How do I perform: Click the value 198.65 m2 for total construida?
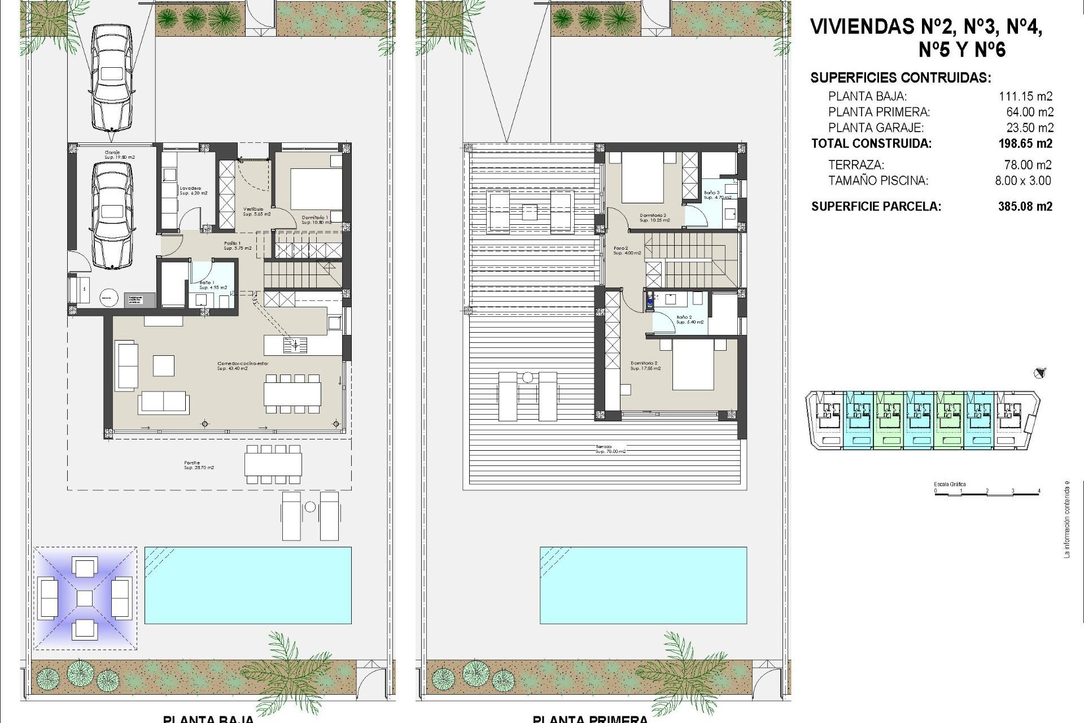(x=1025, y=144)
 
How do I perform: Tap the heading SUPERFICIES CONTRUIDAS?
(x=900, y=78)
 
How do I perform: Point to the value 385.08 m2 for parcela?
(x=1025, y=207)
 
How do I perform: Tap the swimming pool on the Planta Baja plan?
(x=248, y=585)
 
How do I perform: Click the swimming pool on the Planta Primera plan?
(x=643, y=585)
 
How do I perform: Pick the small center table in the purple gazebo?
(x=84, y=598)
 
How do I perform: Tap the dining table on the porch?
(x=273, y=464)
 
